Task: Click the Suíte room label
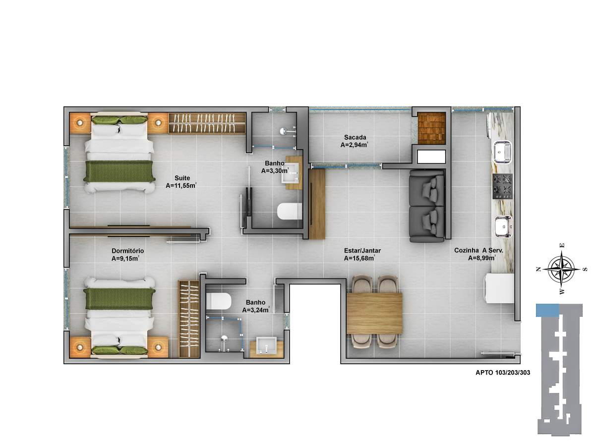click(182, 178)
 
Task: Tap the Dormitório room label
click(127, 251)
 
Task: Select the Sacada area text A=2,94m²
click(354, 145)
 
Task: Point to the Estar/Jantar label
click(362, 251)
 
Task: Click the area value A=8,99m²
click(481, 258)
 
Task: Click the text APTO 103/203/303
click(503, 373)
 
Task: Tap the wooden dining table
click(374, 313)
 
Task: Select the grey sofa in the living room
click(426, 206)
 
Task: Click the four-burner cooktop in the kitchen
click(502, 186)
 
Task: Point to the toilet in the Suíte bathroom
click(290, 211)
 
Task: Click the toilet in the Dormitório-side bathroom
click(218, 301)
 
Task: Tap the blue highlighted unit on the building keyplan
click(547, 310)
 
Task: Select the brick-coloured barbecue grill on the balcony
click(431, 128)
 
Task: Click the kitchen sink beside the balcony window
click(502, 152)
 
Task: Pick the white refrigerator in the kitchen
click(500, 288)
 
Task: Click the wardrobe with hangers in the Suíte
click(207, 123)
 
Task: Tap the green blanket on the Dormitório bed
click(119, 299)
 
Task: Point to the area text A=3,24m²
click(256, 310)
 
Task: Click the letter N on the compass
click(538, 269)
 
